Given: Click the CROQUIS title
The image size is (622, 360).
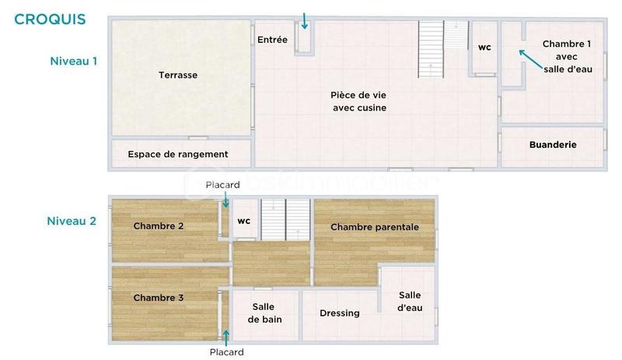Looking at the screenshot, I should [x=50, y=19].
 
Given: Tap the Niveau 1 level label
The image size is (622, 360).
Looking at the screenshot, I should [x=73, y=61].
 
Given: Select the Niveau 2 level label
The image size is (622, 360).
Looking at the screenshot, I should [x=72, y=221].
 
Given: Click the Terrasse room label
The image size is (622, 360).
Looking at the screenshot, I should [x=178, y=75].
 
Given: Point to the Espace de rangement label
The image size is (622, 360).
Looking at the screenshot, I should [x=178, y=154].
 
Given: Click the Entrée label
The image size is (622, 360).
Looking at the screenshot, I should [x=272, y=40].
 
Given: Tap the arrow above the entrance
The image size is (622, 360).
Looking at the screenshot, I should [x=305, y=20].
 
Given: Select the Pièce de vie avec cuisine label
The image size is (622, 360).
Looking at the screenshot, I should [x=359, y=101].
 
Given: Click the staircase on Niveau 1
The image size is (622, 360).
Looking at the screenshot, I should [x=432, y=48].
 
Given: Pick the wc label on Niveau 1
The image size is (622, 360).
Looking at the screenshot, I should [x=484, y=47].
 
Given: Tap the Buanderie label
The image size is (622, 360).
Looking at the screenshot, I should [x=553, y=145].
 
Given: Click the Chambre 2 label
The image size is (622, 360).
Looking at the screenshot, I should [x=159, y=226].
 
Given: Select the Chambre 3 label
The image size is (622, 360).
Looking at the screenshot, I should [x=159, y=298].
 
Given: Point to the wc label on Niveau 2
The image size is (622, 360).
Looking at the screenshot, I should [x=244, y=221].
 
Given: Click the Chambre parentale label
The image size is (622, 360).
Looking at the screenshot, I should [x=375, y=227].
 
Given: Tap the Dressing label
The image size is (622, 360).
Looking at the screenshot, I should [x=340, y=313].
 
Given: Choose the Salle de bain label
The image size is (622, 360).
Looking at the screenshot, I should [x=264, y=313].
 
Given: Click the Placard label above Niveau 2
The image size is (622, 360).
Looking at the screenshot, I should [x=222, y=185].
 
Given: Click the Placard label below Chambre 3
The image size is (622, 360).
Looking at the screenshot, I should [x=226, y=352].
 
